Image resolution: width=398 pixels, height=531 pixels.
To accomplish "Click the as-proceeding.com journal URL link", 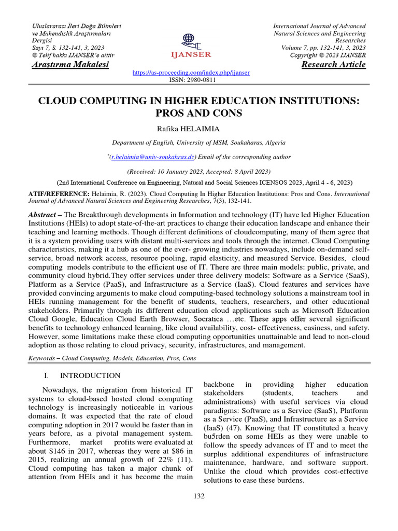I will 191,74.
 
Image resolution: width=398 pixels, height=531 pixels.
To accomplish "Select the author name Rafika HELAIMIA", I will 198,128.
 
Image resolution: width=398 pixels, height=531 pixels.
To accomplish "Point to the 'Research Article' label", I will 333,65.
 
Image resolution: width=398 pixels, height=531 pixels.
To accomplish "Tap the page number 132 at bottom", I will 198,496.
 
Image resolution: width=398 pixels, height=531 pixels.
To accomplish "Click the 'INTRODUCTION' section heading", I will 90,375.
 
